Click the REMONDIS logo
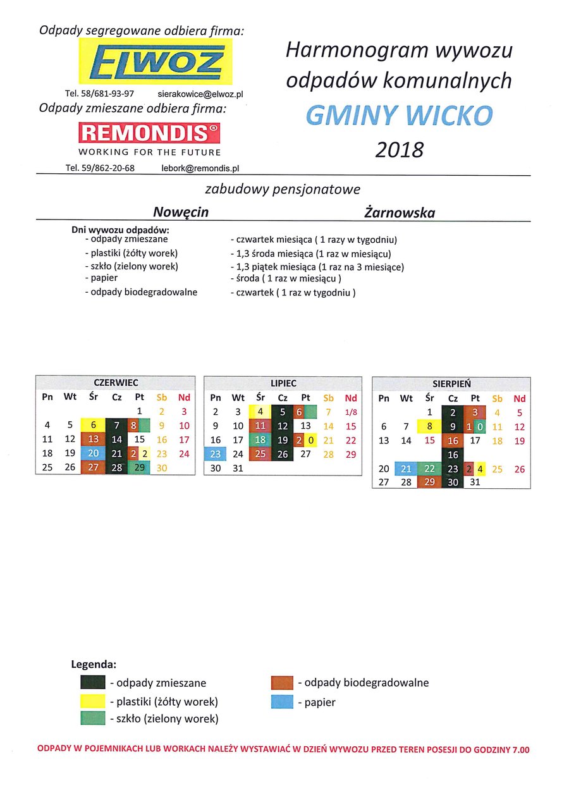click(149, 133)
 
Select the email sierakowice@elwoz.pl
click(200, 94)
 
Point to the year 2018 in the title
click(399, 150)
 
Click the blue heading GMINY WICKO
click(399, 115)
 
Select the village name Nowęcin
click(181, 212)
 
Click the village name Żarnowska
click(400, 212)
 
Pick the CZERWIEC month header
click(116, 383)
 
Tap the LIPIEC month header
click(283, 383)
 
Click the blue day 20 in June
click(94, 453)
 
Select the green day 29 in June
click(139, 467)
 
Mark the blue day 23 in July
click(216, 453)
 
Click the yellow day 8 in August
click(430, 426)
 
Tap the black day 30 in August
click(453, 481)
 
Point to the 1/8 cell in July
click(351, 412)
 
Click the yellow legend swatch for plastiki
click(92, 701)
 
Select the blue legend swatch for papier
click(282, 701)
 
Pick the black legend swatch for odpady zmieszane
click(92, 682)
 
